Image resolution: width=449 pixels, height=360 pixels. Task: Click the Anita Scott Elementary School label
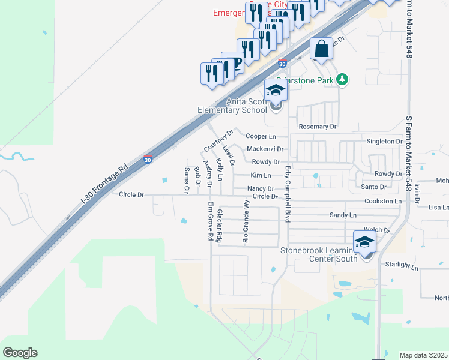click(x=233, y=106)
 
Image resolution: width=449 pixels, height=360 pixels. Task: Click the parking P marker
click(x=234, y=62)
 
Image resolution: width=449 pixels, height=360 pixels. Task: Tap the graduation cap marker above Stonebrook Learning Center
click(x=364, y=242)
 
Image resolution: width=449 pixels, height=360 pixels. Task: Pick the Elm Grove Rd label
click(x=211, y=221)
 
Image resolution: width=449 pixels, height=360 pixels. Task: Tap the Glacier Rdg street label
click(x=220, y=226)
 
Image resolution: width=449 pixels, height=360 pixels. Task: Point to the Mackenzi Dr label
click(x=265, y=149)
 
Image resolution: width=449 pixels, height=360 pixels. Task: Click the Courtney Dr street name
click(x=218, y=140)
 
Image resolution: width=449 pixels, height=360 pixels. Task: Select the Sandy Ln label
click(x=343, y=215)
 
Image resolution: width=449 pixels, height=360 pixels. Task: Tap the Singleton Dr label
click(x=384, y=141)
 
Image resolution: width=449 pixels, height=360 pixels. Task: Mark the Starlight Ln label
click(x=403, y=265)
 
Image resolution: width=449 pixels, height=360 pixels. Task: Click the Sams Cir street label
click(x=187, y=180)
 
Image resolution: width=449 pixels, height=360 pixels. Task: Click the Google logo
click(x=20, y=353)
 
